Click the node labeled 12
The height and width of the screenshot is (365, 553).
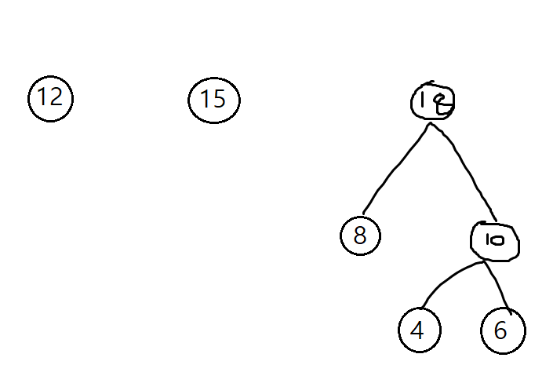50,98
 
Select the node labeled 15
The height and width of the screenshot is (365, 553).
213,100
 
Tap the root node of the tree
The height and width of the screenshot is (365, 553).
433,101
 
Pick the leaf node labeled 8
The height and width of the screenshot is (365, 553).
360,235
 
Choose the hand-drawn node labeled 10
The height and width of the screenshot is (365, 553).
496,241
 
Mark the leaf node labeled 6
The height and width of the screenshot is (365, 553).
502,330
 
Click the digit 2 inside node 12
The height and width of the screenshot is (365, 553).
56,98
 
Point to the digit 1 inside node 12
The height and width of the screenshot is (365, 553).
42,98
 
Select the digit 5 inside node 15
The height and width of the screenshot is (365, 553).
220,100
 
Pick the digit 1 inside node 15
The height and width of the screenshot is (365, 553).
205,100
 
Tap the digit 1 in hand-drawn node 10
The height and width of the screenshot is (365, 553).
488,241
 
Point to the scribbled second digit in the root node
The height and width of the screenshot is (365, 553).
441,102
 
